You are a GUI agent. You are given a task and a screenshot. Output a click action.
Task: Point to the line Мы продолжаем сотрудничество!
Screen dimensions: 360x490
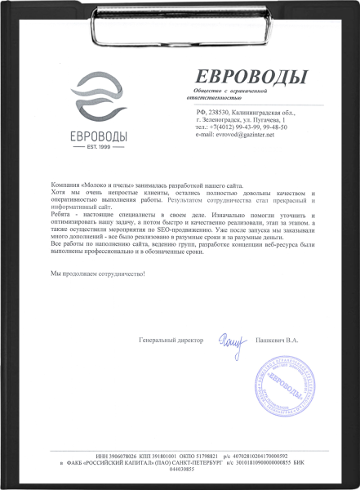tap(97, 273)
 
